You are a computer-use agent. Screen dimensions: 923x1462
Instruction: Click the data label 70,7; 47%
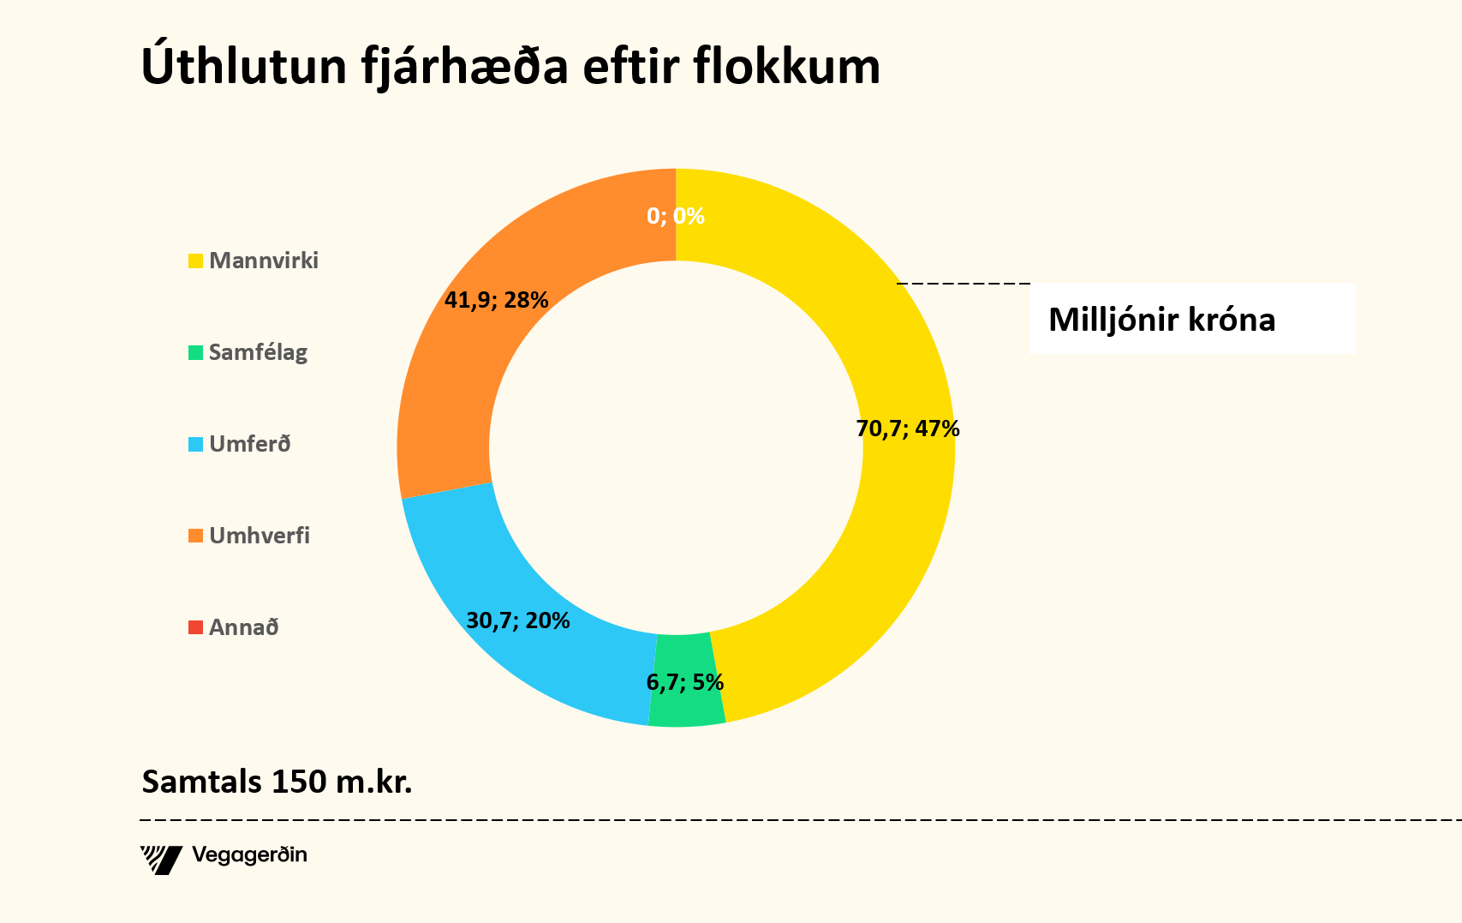point(908,429)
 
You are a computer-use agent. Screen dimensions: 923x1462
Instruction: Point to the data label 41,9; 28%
point(496,300)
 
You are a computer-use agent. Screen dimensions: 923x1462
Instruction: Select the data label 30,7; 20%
point(517,620)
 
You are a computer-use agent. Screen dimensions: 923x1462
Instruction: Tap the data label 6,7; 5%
point(684,683)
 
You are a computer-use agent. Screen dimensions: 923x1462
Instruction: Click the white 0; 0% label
point(675,216)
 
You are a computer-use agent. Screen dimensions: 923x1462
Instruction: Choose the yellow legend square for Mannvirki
point(196,261)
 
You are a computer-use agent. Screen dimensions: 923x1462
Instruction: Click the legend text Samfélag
point(258,352)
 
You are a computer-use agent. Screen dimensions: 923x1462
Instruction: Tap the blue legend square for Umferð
point(196,444)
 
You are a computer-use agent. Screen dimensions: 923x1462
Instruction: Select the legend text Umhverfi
point(260,536)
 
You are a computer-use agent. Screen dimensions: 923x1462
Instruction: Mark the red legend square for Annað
point(196,627)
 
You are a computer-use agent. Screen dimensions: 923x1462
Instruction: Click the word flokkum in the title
point(786,67)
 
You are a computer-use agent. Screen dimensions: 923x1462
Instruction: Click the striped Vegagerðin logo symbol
point(161,859)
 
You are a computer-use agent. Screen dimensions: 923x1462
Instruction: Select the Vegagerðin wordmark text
point(249,855)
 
